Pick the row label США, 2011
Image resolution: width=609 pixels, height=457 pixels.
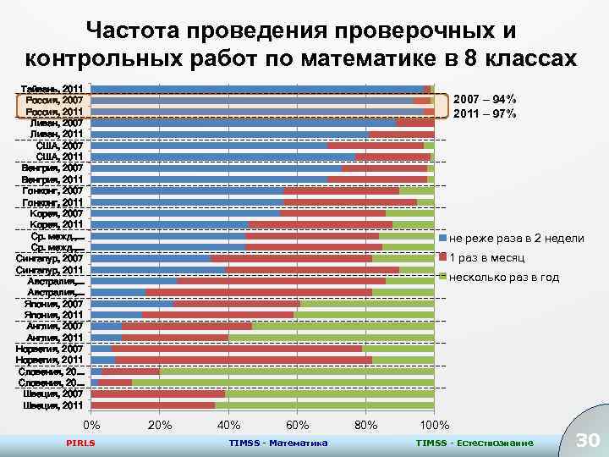(x=59, y=157)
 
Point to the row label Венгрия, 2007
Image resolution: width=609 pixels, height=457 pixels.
(x=52, y=168)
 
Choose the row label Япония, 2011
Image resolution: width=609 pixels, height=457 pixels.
(x=53, y=314)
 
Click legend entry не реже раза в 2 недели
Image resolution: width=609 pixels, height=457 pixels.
(x=516, y=239)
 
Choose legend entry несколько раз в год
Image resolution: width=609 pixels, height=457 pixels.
(x=504, y=278)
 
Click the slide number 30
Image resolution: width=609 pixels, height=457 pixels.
(x=586, y=438)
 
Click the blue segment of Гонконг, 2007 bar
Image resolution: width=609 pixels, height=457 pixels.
(x=187, y=190)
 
